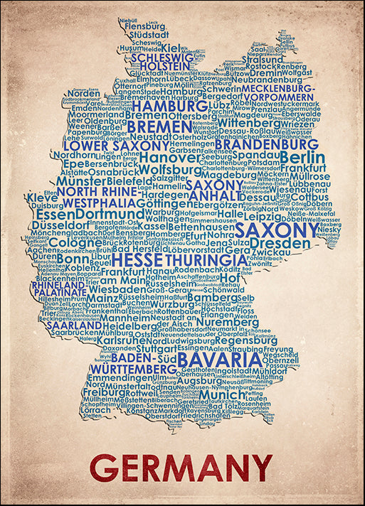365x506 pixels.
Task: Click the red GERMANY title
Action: click(x=181, y=468)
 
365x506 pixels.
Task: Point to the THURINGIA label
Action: click(x=196, y=260)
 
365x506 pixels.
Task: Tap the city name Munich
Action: click(x=221, y=394)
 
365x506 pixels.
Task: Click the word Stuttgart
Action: click(x=157, y=349)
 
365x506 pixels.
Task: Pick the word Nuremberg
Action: click(x=227, y=321)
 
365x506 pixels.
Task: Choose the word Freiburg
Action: click(x=102, y=392)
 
